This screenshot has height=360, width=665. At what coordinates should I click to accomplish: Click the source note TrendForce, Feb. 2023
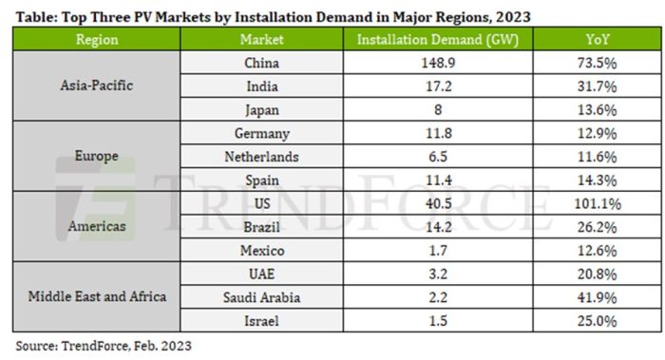coord(103,347)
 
